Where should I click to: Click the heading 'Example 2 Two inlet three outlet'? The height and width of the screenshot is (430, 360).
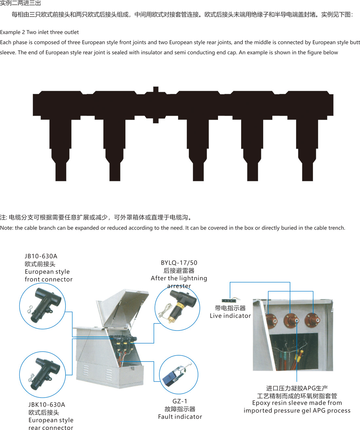point(39,32)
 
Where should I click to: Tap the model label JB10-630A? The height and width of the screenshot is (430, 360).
point(41,256)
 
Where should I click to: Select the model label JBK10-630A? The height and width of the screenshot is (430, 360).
point(47,405)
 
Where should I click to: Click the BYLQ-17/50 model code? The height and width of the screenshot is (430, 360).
point(179,263)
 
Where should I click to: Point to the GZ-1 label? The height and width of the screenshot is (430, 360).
point(180,401)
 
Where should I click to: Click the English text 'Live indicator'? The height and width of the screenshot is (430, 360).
point(230,316)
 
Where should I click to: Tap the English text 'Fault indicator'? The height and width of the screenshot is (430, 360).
point(180,417)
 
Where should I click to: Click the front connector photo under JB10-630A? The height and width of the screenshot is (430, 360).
point(44,306)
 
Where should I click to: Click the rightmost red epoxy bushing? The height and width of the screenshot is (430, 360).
point(312,320)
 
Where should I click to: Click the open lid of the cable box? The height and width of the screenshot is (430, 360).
point(123,307)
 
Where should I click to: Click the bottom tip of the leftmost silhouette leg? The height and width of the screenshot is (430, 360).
point(61,181)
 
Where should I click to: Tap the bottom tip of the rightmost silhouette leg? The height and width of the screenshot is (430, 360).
point(307,181)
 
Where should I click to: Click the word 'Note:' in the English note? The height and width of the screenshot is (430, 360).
point(7,228)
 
